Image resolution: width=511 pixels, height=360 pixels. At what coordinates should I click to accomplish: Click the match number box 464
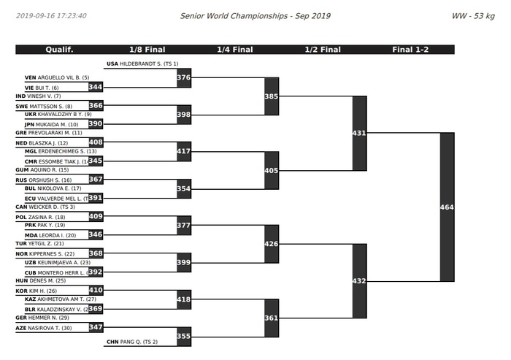(x=447, y=207)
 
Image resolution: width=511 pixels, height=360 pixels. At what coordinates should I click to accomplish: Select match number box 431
(x=359, y=133)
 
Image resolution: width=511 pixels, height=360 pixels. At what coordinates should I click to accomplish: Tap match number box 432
(x=359, y=281)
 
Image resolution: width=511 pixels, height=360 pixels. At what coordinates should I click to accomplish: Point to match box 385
(x=272, y=96)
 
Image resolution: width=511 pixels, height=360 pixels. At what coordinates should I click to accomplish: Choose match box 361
(x=272, y=318)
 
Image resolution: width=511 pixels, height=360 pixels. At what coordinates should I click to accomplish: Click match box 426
(x=272, y=244)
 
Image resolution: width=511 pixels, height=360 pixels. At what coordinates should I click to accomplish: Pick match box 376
(x=184, y=77)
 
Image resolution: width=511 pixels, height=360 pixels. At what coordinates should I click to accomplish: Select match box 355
(x=184, y=337)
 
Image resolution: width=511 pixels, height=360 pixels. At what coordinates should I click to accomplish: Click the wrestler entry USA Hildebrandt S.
(x=142, y=64)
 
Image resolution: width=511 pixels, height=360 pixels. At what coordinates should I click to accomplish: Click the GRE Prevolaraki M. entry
(x=48, y=133)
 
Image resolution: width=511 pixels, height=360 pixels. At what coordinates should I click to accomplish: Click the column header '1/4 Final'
(x=234, y=50)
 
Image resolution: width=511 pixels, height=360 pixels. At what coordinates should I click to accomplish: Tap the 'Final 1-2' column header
(x=410, y=50)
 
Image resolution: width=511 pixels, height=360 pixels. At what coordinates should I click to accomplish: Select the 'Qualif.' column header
(x=59, y=50)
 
